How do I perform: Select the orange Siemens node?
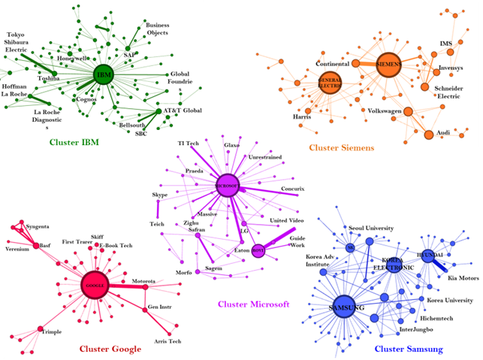pyautogui.click(x=390, y=65)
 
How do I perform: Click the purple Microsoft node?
pyautogui.click(x=226, y=185)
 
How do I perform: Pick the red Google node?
pyautogui.click(x=95, y=285)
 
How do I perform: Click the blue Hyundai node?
pyautogui.click(x=428, y=256)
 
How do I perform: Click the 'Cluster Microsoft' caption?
pyautogui.click(x=253, y=304)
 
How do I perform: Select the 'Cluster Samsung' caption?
pyautogui.click(x=408, y=349)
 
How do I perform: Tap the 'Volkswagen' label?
pyautogui.click(x=385, y=110)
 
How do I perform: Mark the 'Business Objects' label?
pyautogui.click(x=157, y=29)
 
